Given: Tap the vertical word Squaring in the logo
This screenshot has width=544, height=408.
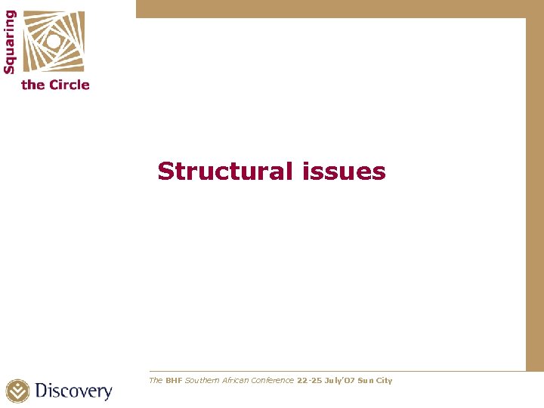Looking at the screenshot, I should pos(10,42).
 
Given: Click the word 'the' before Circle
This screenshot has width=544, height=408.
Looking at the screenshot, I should pos(33,85).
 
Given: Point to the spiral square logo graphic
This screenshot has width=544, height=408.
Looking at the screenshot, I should pos(53,42).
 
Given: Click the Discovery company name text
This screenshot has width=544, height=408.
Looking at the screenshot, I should pos(73,391).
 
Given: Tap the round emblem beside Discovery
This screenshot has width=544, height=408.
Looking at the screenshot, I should pos(18,391).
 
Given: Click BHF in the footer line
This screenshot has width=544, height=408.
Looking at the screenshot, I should pos(175,381).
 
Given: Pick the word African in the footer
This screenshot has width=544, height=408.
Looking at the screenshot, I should pos(233,381).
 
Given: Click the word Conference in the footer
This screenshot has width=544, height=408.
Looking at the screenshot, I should pos(272,381).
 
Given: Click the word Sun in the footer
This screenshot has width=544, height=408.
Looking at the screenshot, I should pos(364,381).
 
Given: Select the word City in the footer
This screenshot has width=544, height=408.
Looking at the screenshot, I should pos(385,381).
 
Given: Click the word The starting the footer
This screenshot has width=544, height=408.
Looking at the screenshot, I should pos(156,381).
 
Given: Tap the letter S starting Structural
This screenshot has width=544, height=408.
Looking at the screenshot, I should pos(165,172).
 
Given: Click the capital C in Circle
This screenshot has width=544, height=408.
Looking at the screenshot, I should pos(54,85).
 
